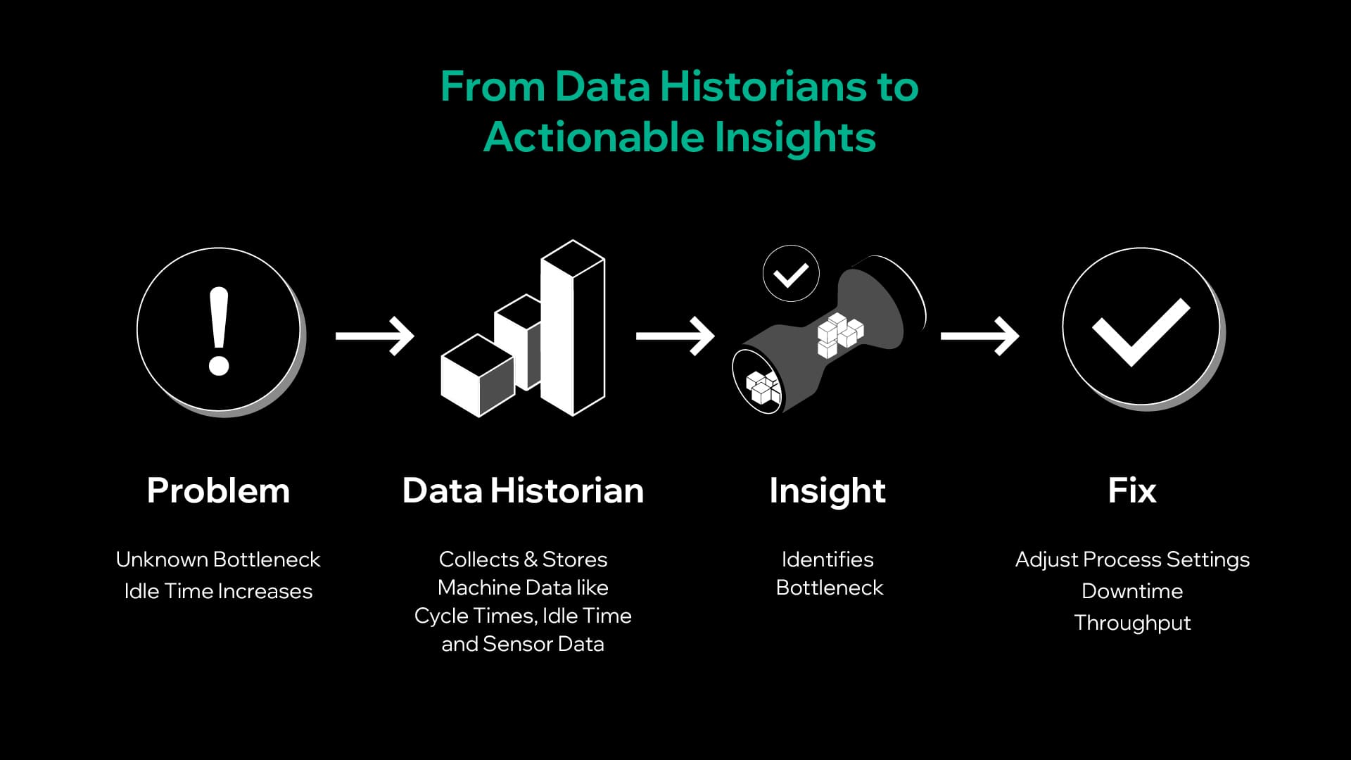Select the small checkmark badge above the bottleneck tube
tap(791, 274)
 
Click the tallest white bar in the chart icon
tap(573, 328)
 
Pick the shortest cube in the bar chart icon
tap(477, 376)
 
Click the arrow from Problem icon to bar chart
tap(374, 336)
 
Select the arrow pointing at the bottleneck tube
tap(675, 336)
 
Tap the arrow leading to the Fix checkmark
tap(979, 336)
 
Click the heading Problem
tap(218, 490)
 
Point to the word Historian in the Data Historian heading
tap(567, 490)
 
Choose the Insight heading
tap(827, 490)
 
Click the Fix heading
tap(1131, 490)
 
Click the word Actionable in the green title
tap(593, 137)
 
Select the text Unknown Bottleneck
tap(218, 559)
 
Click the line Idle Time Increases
tap(218, 591)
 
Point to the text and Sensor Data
tap(523, 644)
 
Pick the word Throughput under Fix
tap(1132, 623)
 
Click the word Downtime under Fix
tap(1132, 591)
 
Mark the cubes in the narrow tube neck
tap(839, 335)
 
